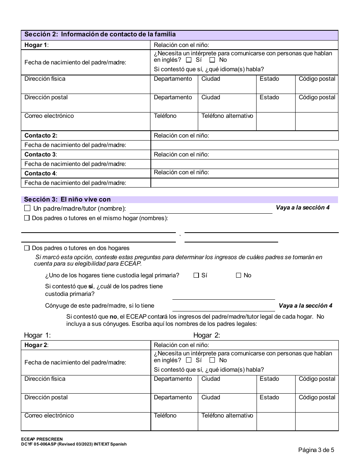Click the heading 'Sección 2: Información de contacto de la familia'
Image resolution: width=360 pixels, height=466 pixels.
(x=100, y=34)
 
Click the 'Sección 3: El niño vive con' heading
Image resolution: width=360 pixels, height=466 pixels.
(x=67, y=199)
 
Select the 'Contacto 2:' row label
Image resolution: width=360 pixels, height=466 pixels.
(x=41, y=136)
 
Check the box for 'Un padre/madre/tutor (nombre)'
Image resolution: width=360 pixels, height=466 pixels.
(x=27, y=208)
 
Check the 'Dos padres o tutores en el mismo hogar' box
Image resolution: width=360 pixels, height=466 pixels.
(x=27, y=218)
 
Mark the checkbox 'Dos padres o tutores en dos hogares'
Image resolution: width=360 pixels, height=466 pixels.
(x=27, y=248)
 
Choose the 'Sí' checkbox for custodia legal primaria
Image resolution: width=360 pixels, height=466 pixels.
(x=196, y=275)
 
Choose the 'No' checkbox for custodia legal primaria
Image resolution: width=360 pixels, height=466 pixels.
(x=239, y=275)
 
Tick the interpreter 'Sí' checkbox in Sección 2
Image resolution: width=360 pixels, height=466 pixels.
(x=189, y=60)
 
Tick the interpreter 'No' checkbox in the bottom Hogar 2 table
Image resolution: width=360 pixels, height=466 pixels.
(x=212, y=360)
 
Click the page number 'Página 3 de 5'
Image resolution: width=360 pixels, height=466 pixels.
(x=316, y=450)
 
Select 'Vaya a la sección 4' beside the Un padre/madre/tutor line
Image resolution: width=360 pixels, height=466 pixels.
(x=302, y=208)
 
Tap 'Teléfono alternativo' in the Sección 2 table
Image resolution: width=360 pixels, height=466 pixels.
(x=227, y=116)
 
